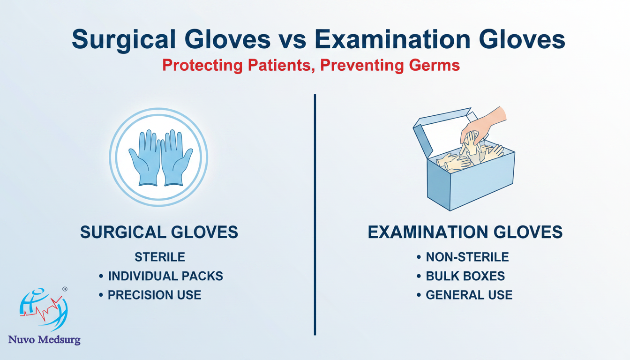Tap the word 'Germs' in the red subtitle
[x=434, y=65]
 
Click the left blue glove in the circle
[x=145, y=157]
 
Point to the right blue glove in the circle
[x=177, y=157]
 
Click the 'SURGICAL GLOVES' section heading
[x=159, y=232]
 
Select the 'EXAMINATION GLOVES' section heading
[x=465, y=232]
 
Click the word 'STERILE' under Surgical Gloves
[x=160, y=257]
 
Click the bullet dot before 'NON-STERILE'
[x=419, y=257]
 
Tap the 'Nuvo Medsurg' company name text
[x=44, y=340]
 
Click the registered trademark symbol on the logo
[x=65, y=289]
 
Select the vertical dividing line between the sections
[x=315, y=215]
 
